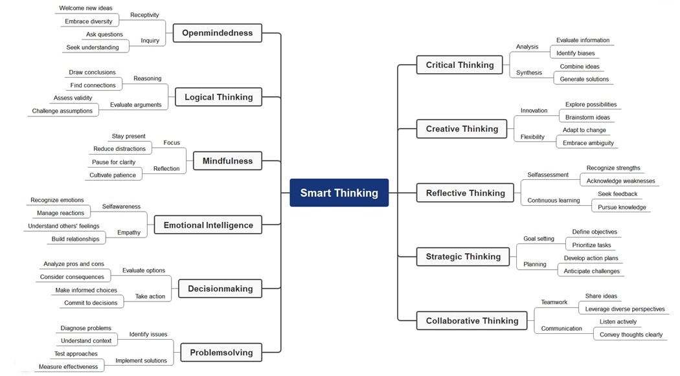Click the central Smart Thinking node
(x=339, y=193)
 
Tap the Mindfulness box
(x=227, y=161)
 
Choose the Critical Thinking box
(x=459, y=65)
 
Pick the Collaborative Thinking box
(x=471, y=321)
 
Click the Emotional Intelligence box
(x=208, y=225)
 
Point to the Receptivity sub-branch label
(x=144, y=15)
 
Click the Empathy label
(x=129, y=232)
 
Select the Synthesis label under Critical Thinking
(x=529, y=72)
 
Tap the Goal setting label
(x=539, y=239)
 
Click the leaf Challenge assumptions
(x=62, y=111)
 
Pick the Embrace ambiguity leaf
(x=588, y=143)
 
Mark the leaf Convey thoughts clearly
(x=631, y=335)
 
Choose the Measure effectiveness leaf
(x=68, y=367)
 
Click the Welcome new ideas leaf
(x=85, y=8)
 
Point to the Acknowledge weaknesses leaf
(x=620, y=181)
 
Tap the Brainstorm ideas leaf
(x=587, y=117)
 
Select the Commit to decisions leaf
(x=91, y=303)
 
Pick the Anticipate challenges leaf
(x=591, y=271)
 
